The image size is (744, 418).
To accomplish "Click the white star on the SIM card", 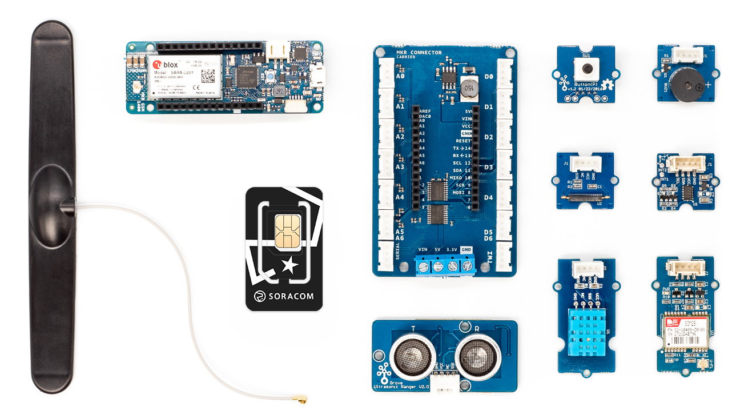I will coord(290,265).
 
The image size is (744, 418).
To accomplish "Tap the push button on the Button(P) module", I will coord(585,71).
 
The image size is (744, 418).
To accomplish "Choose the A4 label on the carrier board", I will coord(400,197).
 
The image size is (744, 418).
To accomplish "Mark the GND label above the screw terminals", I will coord(466,249).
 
